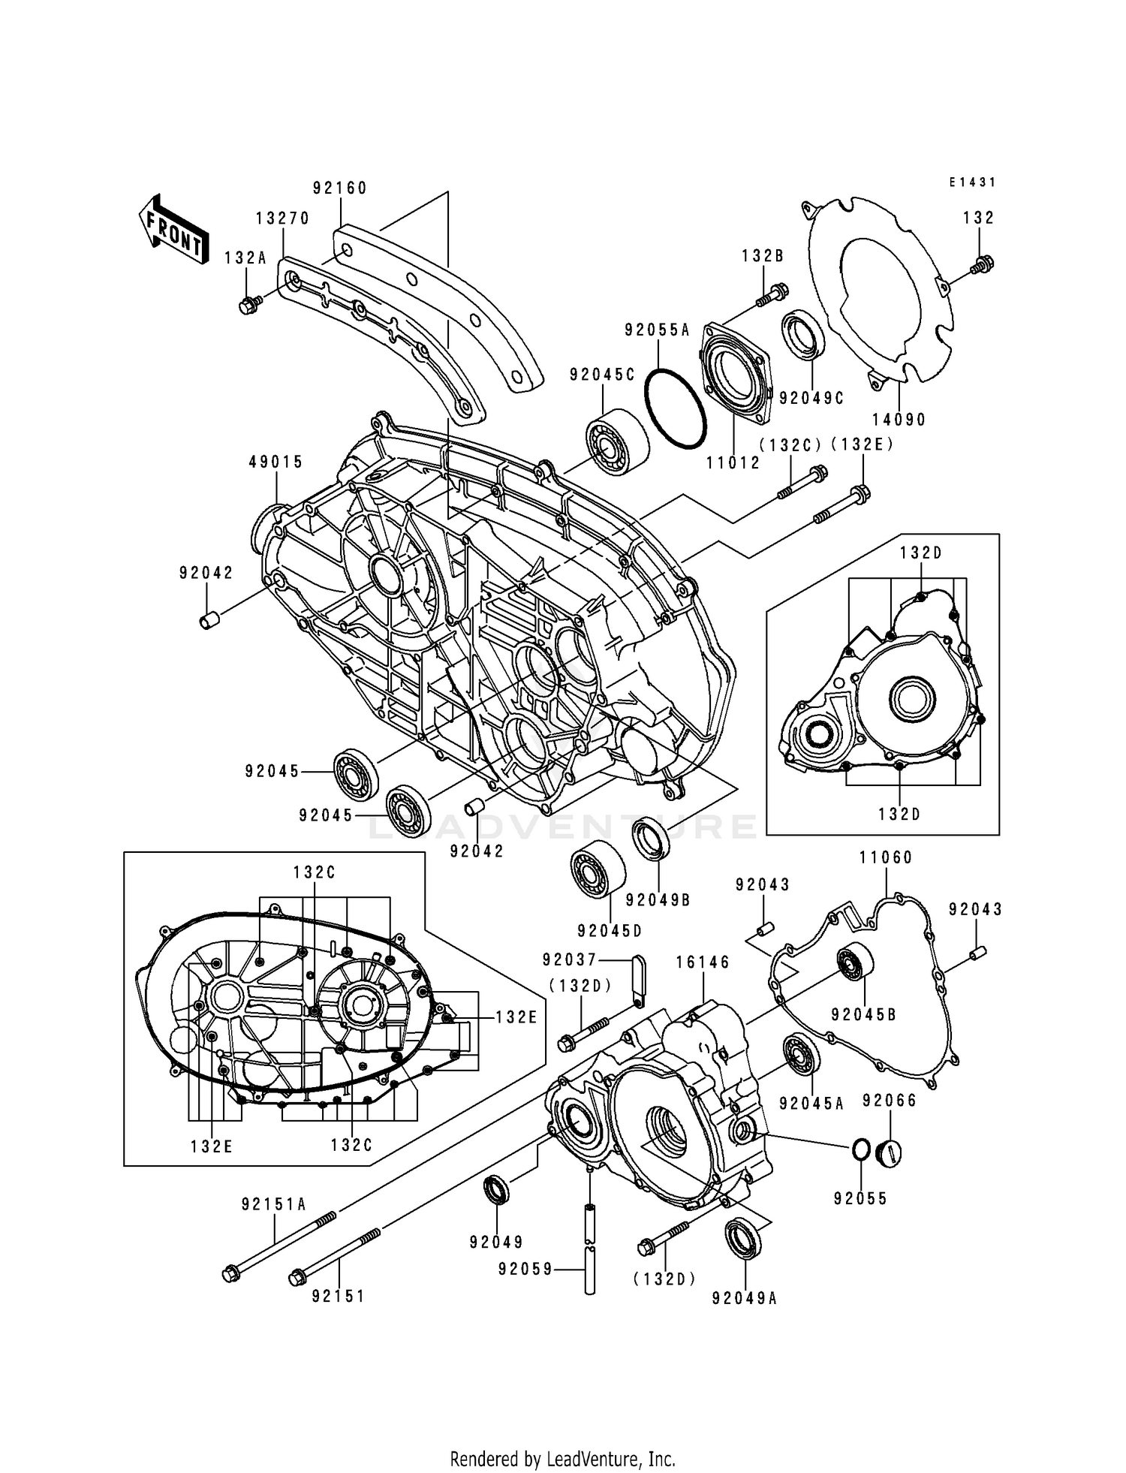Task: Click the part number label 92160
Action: [x=340, y=188]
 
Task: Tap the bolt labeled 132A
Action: [x=247, y=306]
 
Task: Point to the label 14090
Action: [x=899, y=420]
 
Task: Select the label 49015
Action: [x=276, y=462]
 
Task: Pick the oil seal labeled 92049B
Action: [x=650, y=839]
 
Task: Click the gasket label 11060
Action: [x=886, y=857]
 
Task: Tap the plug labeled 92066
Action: [x=889, y=1152]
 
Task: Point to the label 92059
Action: [x=525, y=1269]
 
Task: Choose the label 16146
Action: [x=702, y=962]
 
